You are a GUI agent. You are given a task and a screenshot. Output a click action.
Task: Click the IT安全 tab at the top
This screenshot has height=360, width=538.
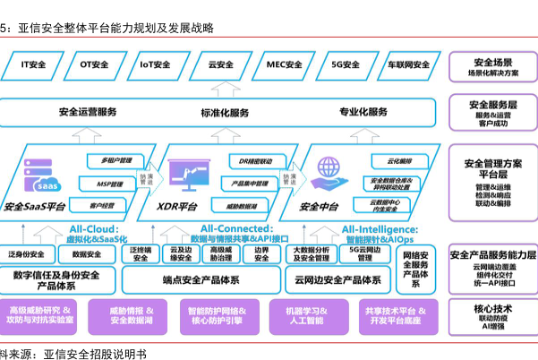[34, 64]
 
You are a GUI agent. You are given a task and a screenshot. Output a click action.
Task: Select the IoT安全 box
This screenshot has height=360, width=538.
[155, 64]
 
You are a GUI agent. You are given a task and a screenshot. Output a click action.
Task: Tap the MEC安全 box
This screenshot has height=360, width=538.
[285, 64]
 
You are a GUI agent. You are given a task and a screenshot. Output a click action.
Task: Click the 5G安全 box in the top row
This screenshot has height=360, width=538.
[346, 64]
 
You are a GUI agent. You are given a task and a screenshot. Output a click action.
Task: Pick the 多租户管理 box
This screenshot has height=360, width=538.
[116, 161]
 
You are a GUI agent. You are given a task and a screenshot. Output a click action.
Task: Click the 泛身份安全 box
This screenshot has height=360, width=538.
[26, 255]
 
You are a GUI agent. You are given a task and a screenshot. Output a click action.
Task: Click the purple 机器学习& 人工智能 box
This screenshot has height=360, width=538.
[306, 314]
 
